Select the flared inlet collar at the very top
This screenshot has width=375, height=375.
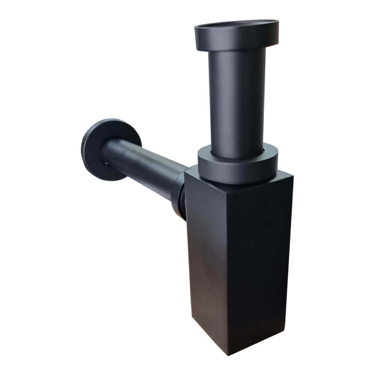pyautogui.click(x=236, y=37)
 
